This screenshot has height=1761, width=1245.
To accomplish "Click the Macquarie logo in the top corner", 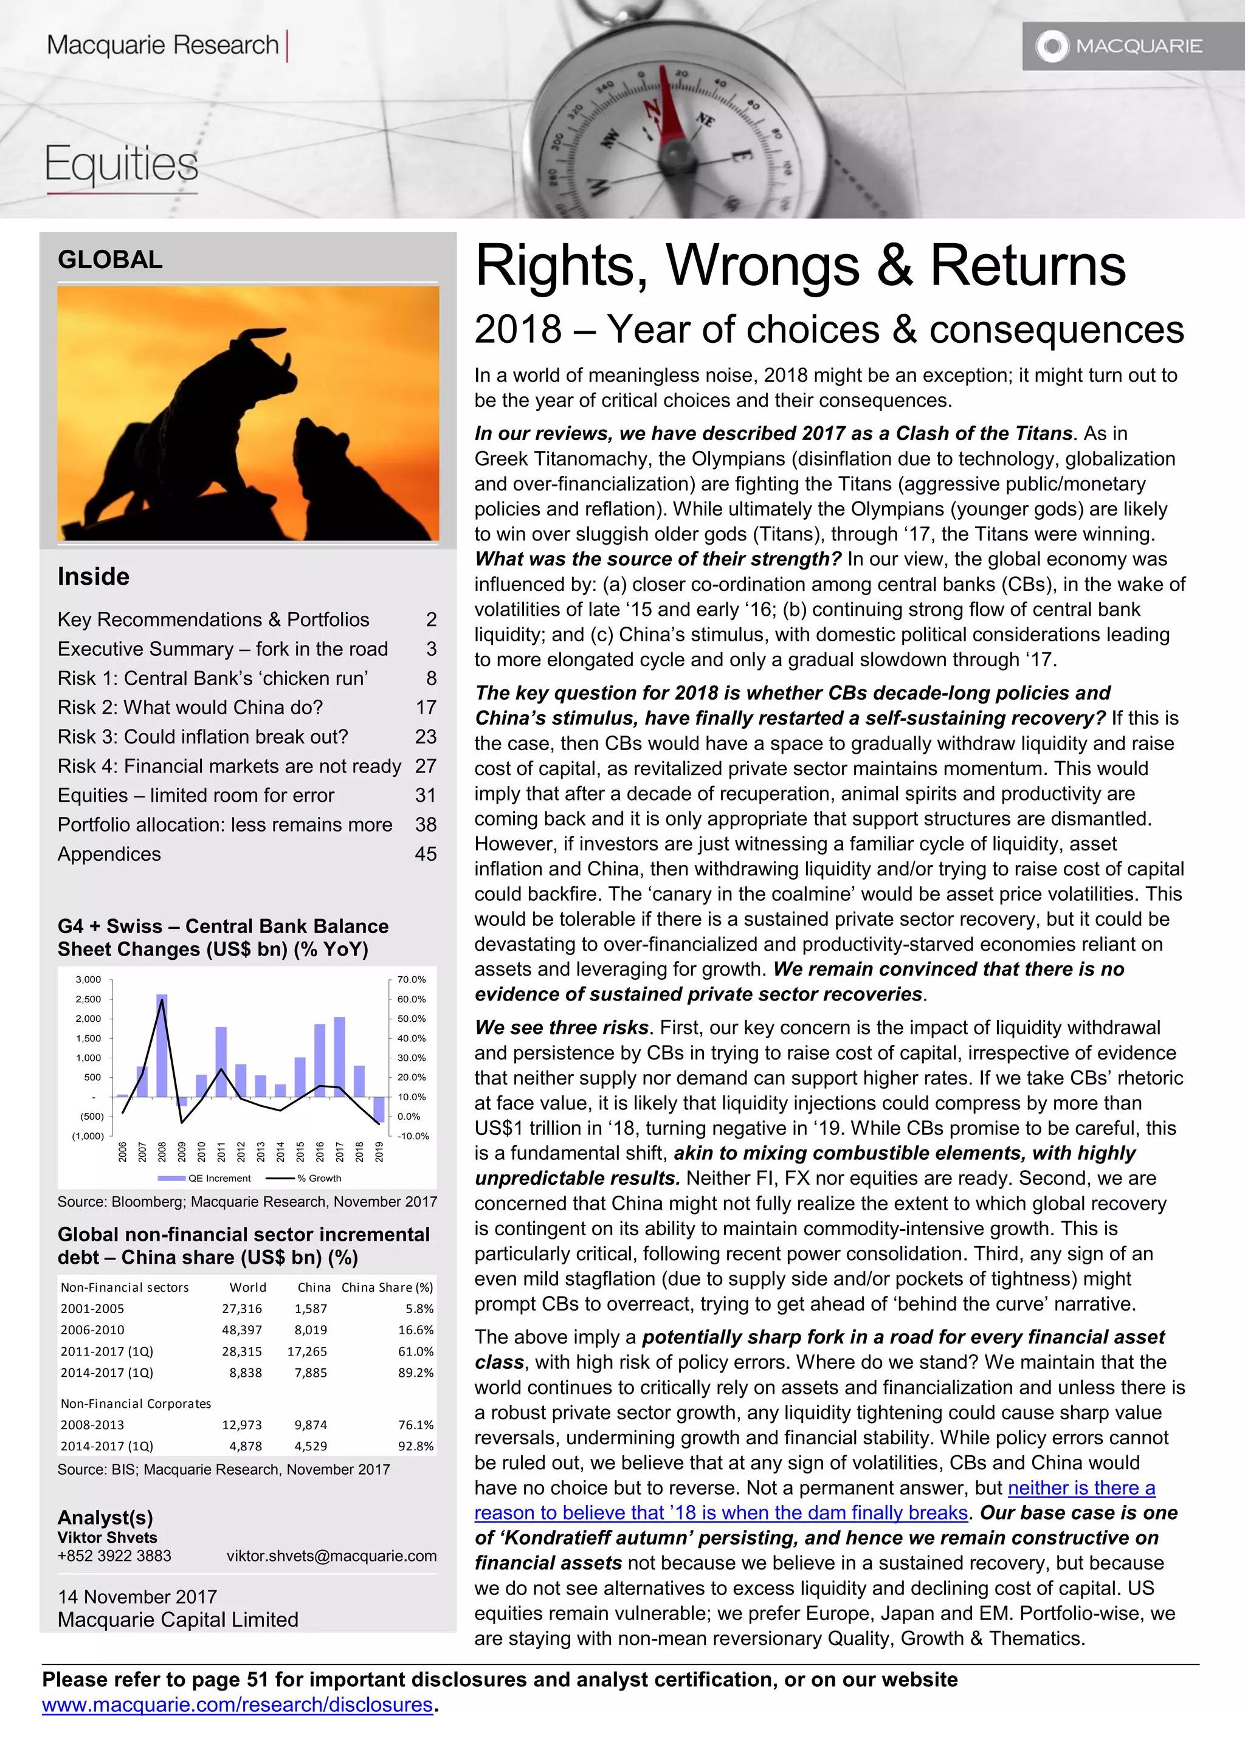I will coord(1119,46).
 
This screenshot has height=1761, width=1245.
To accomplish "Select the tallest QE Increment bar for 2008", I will coord(162,1045).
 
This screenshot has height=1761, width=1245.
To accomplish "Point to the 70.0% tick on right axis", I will coord(411,979).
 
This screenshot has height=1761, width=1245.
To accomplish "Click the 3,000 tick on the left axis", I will coord(88,979).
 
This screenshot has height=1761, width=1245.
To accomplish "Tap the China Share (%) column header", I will coord(387,1287).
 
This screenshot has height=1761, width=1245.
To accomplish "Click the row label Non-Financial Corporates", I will coord(136,1404).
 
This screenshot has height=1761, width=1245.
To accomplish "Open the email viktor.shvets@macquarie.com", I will coord(331,1556).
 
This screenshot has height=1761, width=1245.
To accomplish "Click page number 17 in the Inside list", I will coord(426,707).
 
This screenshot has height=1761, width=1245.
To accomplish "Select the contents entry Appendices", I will coord(109,853).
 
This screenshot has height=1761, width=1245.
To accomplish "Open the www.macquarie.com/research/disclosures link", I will coord(237,1704).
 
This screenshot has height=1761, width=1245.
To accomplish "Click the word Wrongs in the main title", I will coord(762,266).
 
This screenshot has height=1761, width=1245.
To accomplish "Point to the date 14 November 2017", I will coord(137,1597).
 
